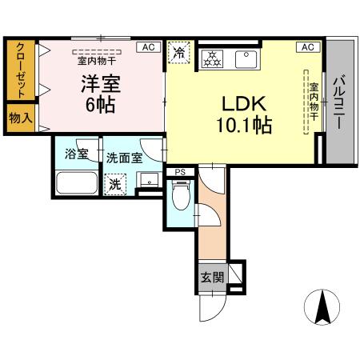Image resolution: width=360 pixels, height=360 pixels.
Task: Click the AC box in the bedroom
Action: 146,48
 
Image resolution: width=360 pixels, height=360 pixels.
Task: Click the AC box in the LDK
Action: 306,48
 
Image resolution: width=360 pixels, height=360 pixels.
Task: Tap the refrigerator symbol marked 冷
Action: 179,52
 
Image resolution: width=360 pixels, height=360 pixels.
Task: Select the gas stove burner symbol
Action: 213,58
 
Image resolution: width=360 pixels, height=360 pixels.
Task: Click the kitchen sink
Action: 244,58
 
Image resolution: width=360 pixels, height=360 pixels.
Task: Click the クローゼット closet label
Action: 19,69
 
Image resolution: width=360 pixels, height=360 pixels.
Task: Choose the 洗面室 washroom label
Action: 124,158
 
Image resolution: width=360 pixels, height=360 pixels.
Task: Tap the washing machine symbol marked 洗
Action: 117,183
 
